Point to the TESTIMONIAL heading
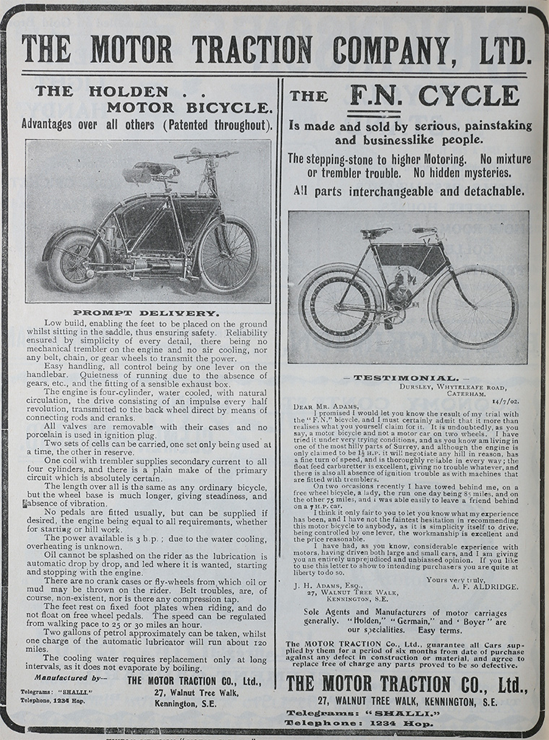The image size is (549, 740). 405,377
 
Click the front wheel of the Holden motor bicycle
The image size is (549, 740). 227,254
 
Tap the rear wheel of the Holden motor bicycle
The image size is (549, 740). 72,260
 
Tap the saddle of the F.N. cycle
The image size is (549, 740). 376,233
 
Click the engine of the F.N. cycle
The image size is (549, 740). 399,293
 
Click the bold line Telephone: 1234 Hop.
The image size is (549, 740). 407,723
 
